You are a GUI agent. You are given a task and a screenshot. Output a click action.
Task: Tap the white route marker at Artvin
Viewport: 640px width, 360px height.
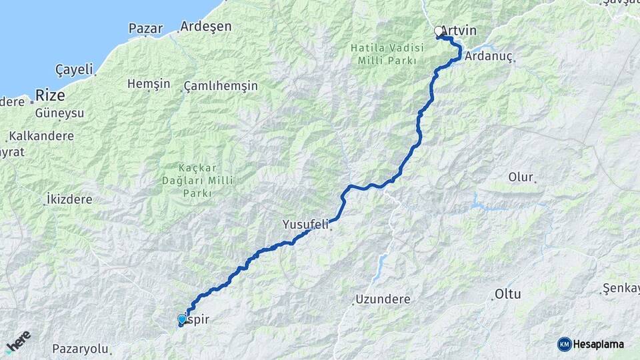(439, 31)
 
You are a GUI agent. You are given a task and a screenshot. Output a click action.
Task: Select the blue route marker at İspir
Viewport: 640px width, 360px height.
(182, 319)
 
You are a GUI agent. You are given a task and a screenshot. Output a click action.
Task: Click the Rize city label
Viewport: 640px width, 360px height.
(50, 95)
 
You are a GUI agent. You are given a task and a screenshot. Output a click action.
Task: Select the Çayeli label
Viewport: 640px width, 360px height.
(74, 69)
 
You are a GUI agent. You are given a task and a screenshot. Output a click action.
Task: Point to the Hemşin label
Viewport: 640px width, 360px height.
(149, 84)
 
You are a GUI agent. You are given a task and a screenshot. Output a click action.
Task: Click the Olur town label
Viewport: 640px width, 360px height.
(521, 177)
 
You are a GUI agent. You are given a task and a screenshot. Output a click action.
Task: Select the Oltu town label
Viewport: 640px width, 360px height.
(507, 294)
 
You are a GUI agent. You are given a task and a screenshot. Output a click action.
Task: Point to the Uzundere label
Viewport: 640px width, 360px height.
(383, 299)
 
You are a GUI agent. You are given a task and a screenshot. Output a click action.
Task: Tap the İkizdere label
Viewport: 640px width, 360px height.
(69, 199)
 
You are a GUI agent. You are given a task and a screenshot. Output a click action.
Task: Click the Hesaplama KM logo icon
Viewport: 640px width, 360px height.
(565, 344)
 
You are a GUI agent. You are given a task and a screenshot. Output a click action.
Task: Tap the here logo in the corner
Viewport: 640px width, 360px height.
(18, 341)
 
